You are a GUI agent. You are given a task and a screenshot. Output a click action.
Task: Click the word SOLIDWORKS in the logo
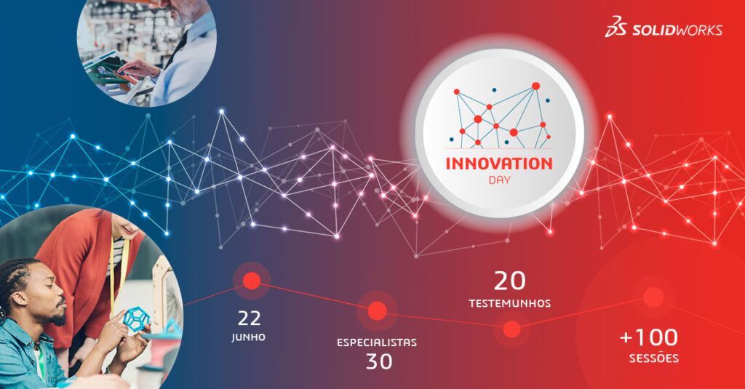pos(677,30)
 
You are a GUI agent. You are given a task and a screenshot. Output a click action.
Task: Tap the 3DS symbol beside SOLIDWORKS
pos(615,27)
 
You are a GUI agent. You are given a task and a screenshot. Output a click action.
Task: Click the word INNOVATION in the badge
pos(499,164)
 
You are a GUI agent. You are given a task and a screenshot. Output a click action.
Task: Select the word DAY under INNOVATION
pos(499,180)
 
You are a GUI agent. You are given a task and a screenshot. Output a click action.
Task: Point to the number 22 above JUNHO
pos(249,318)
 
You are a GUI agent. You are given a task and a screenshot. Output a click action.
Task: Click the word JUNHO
pos(249,337)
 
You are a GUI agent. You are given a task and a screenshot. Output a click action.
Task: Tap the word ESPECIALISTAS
pos(377,342)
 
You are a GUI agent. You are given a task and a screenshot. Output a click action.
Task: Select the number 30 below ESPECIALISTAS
pos(378,361)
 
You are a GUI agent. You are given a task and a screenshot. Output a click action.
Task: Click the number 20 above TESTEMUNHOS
pos(510,281)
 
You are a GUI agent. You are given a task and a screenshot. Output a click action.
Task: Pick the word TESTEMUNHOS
pos(510,303)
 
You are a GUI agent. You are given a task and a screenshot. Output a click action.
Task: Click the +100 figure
pos(649,337)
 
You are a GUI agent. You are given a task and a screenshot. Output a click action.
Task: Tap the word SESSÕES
pos(654,358)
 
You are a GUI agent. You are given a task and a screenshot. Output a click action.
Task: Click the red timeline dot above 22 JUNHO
pos(252,281)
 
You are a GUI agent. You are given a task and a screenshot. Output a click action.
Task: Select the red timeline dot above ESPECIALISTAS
pos(378,310)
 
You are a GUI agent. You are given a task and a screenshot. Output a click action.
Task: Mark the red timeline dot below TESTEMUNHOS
pos(511,329)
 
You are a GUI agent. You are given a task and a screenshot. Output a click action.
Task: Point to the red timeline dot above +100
pos(653,297)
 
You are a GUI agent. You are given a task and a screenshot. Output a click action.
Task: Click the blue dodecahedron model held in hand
pos(136,318)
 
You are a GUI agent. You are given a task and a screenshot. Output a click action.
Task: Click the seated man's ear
pos(20,300)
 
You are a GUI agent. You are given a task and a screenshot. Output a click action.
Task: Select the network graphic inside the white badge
pos(500,115)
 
